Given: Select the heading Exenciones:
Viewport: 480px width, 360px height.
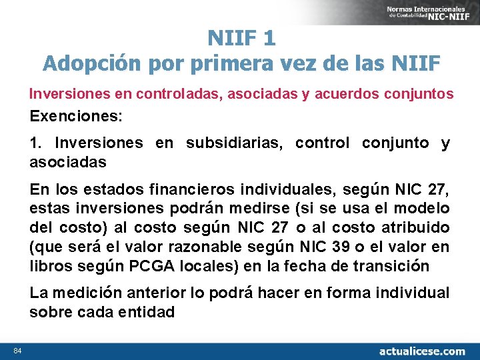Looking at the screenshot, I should (x=76, y=116).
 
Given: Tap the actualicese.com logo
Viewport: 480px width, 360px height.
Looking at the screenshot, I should (x=421, y=351).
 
